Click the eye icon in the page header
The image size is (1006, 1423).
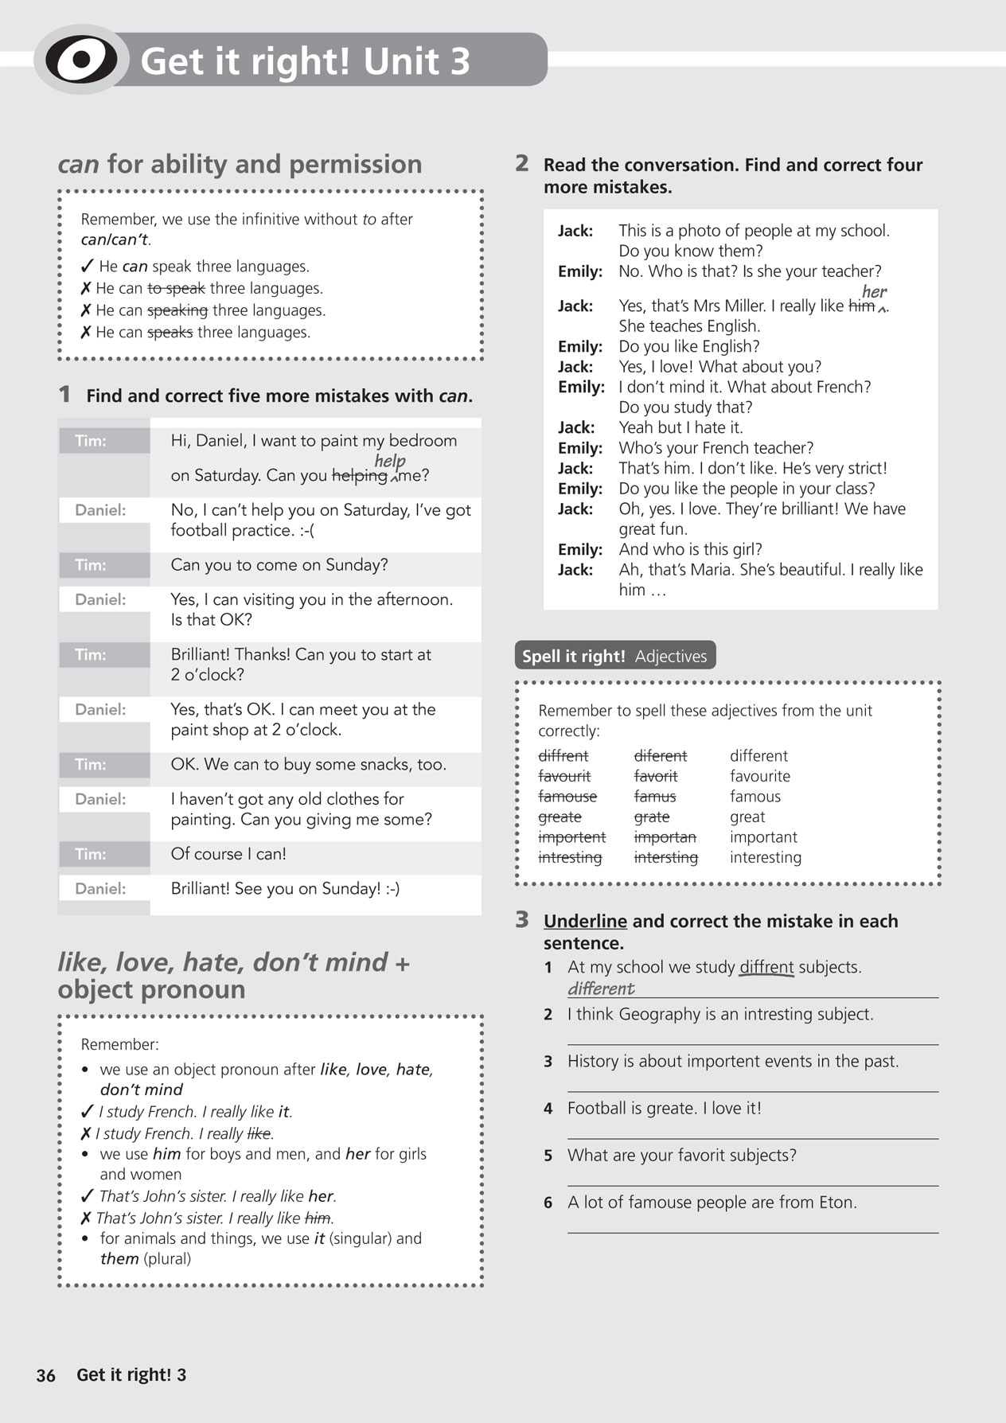[x=80, y=60]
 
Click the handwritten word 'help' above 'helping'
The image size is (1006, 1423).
[x=390, y=461]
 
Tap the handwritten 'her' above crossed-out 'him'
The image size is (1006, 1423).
[x=874, y=291]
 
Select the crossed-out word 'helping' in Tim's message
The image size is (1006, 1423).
[x=359, y=476]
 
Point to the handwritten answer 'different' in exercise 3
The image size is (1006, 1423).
[x=601, y=988]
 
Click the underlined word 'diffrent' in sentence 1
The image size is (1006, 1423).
[x=766, y=968]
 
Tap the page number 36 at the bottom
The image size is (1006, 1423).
[x=46, y=1375]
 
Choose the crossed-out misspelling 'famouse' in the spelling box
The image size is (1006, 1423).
[x=567, y=797]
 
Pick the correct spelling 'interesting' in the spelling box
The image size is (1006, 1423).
[x=765, y=857]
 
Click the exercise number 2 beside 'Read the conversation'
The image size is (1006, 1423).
[x=522, y=163]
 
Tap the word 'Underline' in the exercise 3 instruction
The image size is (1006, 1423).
[x=585, y=921]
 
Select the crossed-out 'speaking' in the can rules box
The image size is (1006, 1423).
[x=177, y=310]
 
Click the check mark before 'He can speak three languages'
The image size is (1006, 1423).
[x=88, y=266]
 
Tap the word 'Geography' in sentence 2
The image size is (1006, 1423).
[x=655, y=1015]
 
